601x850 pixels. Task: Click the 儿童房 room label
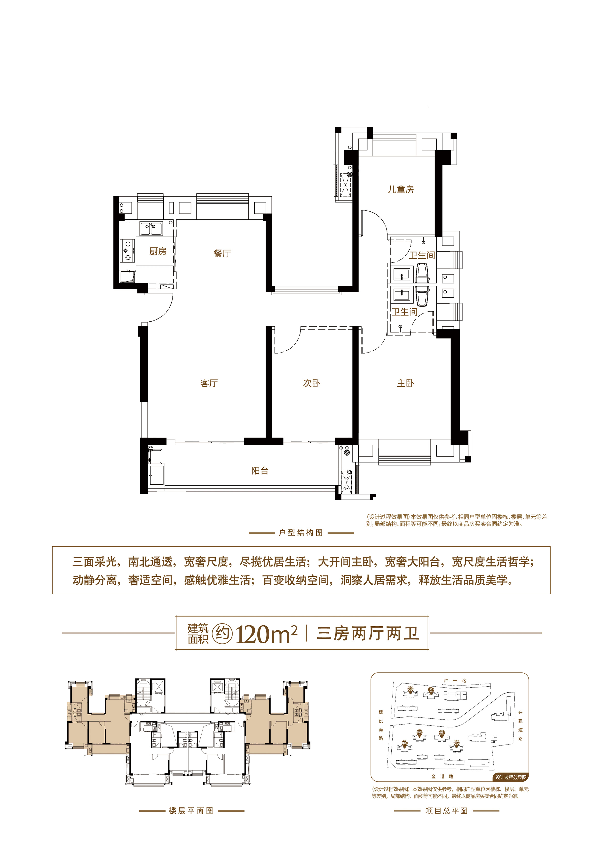point(401,189)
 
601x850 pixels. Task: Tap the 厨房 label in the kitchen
point(158,251)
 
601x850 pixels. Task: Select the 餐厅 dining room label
point(222,254)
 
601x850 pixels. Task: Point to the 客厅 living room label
point(209,383)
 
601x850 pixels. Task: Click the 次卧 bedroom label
point(311,383)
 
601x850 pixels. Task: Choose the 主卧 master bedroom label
point(405,383)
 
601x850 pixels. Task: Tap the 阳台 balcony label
point(260,471)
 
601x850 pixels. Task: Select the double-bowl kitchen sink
point(151,228)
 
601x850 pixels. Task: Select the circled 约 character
point(222,634)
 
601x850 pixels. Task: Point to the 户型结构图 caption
point(301,533)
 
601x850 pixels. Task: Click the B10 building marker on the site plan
point(457,743)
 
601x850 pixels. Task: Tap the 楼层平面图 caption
point(191,811)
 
